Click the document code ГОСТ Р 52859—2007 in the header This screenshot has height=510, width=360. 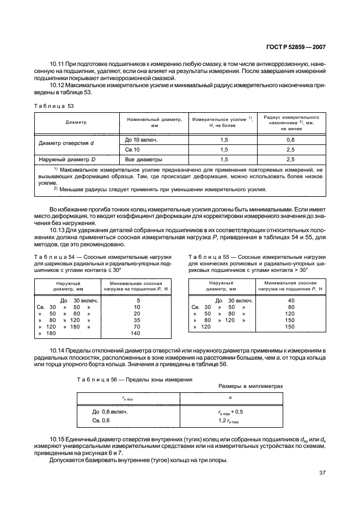(295, 47)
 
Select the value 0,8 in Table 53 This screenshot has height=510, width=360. (290, 139)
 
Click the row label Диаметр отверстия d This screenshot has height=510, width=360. (66, 144)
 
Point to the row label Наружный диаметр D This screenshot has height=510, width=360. (67, 160)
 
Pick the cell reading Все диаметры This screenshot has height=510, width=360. (144, 160)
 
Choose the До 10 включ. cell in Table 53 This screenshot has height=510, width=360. (141, 139)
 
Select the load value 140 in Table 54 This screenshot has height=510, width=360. (136, 333)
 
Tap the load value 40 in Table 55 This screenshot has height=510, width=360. (290, 301)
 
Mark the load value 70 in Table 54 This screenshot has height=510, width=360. (137, 327)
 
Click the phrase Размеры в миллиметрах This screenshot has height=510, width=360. (251, 385)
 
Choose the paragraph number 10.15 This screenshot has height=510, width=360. (58, 439)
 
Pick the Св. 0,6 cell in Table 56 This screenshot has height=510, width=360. (101, 421)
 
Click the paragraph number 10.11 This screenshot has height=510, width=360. (57, 64)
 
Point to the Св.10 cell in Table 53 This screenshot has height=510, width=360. (133, 149)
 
